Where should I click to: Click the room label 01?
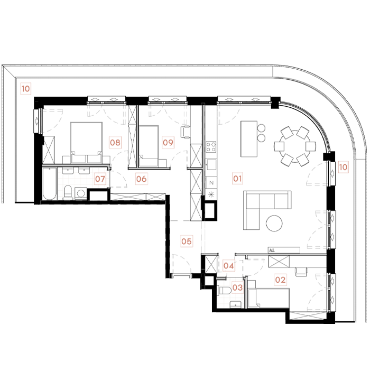pos(237,179)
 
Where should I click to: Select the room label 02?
pos(280,280)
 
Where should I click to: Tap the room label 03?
pos(237,287)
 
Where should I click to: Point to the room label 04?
pos(228,266)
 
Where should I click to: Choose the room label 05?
pos(187,241)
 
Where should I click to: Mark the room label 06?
pos(141,179)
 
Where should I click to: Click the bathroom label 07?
pos(100,179)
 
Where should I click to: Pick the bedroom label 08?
pos(115,142)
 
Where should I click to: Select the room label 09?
pos(168,142)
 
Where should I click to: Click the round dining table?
pos(294,146)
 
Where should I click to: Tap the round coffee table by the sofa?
pos(274,223)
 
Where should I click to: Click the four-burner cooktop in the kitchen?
pos(211,146)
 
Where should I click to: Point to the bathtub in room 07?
pos(50,184)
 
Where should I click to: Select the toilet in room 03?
pos(225,291)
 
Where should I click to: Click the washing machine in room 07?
pos(81,193)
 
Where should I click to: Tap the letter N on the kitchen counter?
pos(211,183)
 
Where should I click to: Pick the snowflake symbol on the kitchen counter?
pos(211,194)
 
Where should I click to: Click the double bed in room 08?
pos(86,143)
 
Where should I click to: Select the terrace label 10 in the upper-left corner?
pos(25,89)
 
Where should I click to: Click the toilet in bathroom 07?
pos(68,192)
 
